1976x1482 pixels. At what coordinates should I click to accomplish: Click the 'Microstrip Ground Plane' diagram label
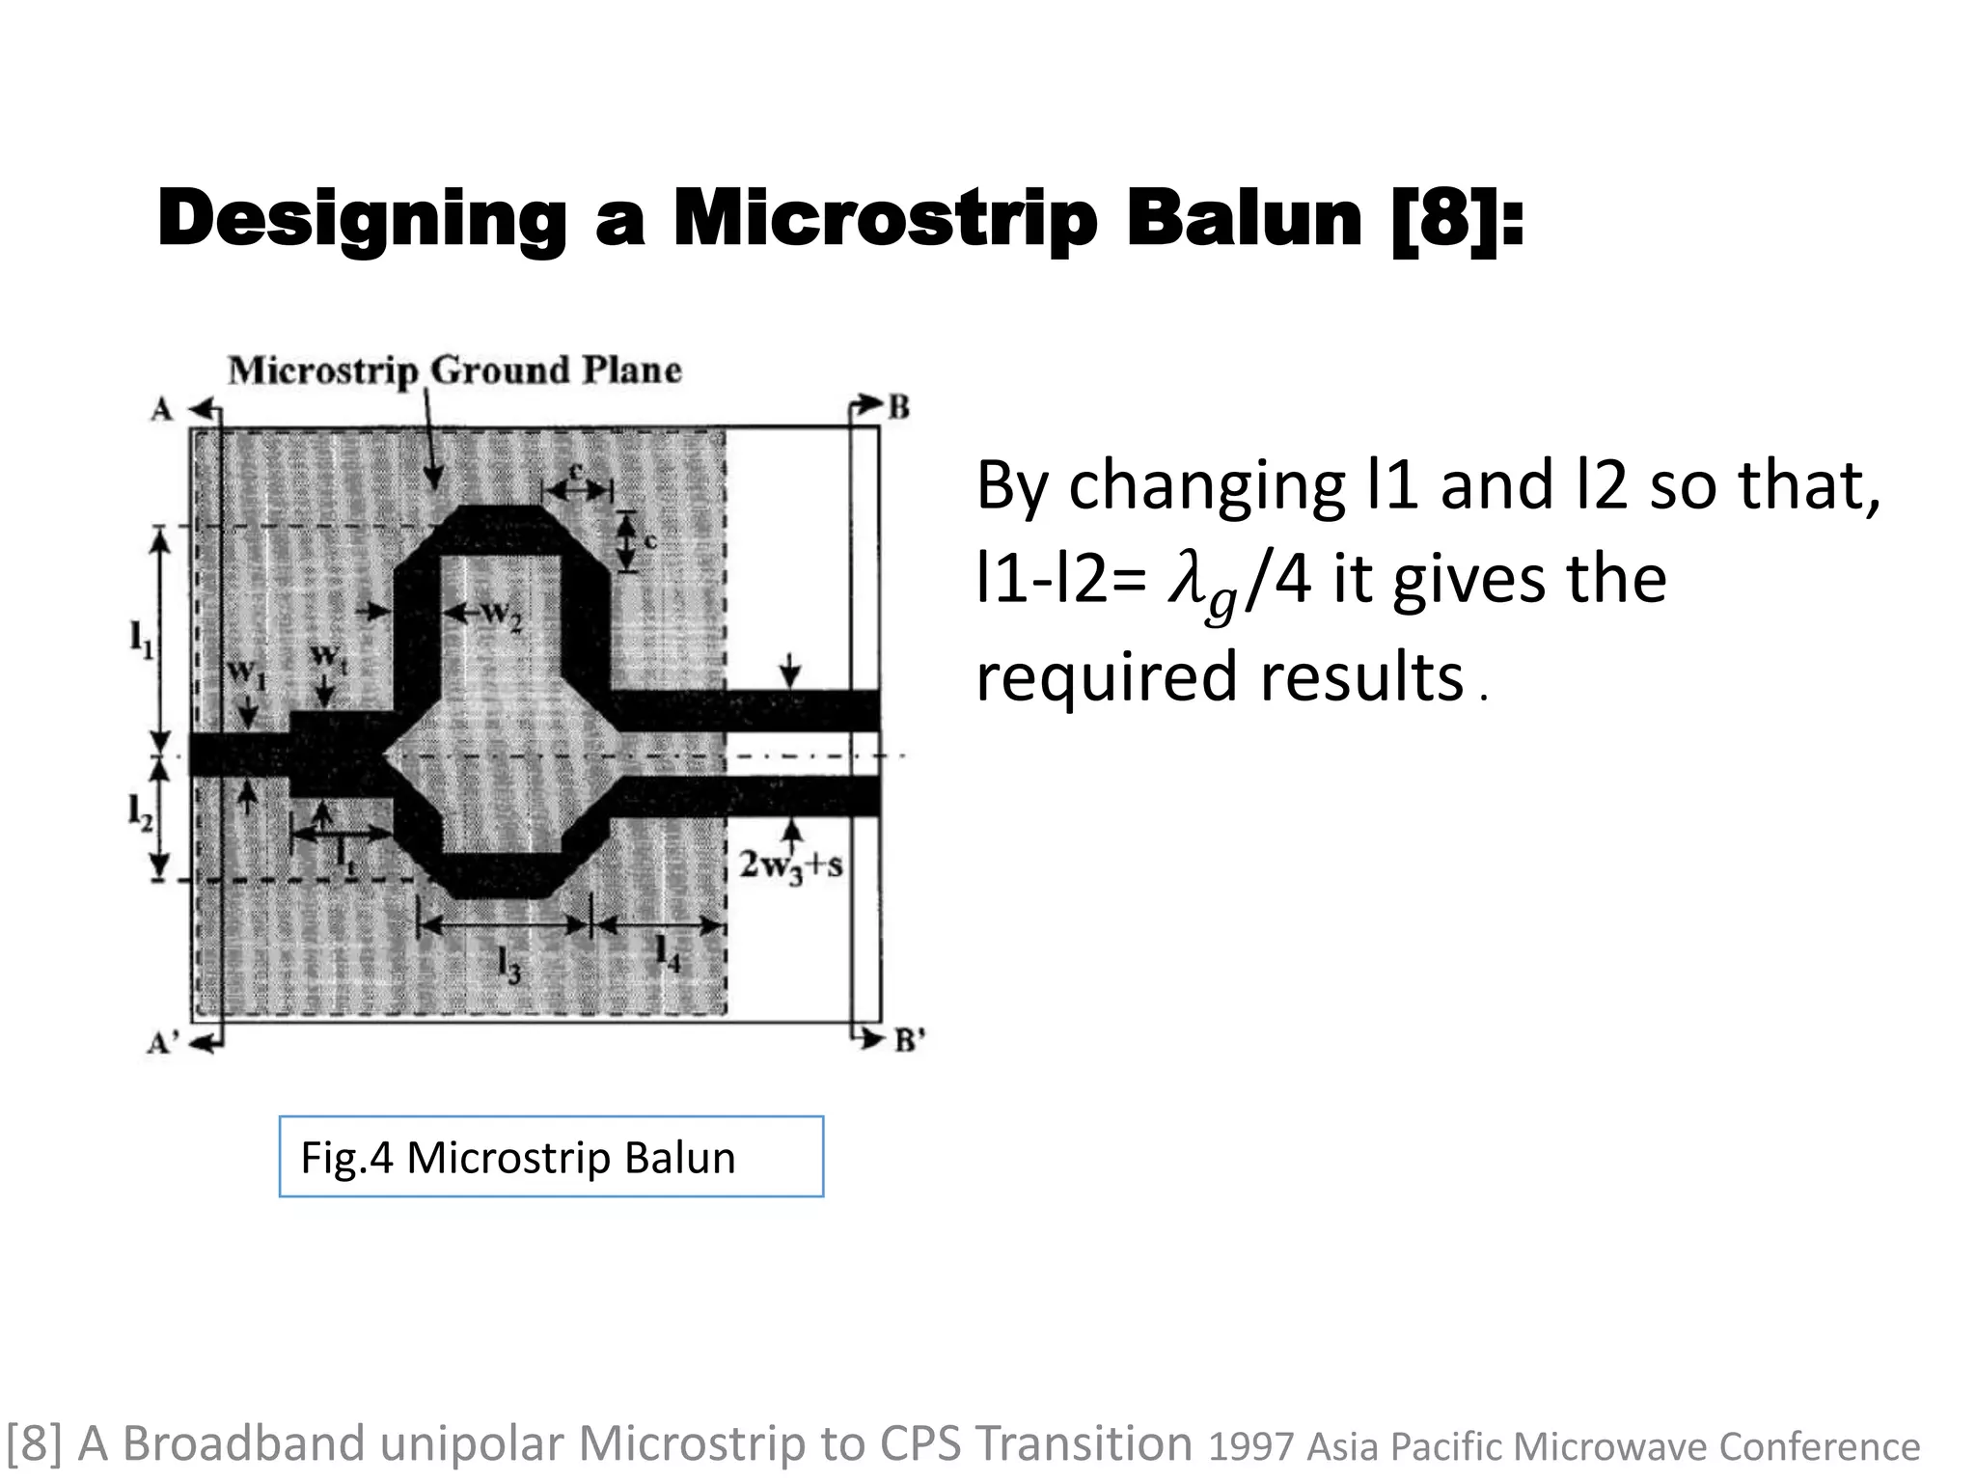coord(454,370)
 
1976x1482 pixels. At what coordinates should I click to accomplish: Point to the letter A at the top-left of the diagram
coord(161,410)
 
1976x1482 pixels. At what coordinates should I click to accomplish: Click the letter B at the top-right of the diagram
coord(898,408)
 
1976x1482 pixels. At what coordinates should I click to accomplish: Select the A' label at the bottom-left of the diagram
coord(163,1042)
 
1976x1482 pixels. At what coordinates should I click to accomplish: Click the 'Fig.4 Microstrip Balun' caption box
coord(551,1157)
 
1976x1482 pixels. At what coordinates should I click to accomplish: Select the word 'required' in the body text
coord(1106,676)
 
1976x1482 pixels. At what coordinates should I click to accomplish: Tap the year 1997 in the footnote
coord(1249,1447)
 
